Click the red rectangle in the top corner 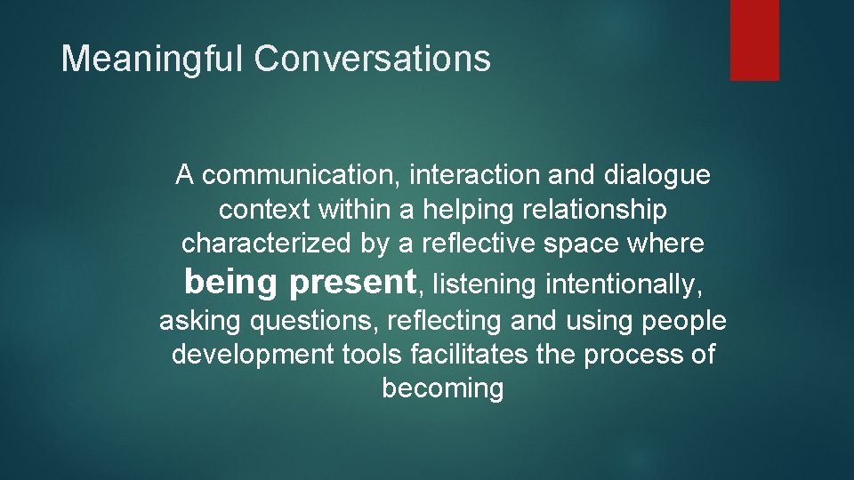pos(754,40)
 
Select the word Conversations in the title pos(372,60)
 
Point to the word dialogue pos(657,176)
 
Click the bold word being pos(231,282)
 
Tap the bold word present pos(352,282)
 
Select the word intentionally pos(622,284)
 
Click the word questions pos(310,321)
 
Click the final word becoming pos(442,388)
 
